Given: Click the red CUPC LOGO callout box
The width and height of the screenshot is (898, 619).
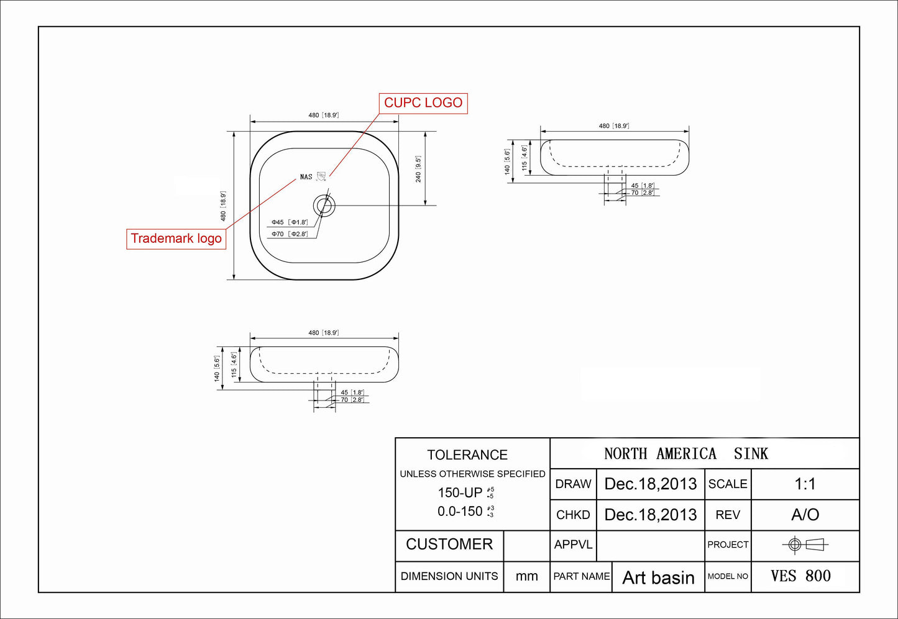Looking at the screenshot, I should coord(423,103).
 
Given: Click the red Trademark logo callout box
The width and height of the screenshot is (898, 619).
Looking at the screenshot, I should coord(176,239).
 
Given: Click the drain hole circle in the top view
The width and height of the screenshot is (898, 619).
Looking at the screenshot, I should coord(324,205).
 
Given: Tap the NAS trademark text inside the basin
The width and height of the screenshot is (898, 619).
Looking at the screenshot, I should coord(306,177).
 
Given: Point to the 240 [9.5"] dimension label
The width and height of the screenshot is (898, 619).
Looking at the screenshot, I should coord(418,169).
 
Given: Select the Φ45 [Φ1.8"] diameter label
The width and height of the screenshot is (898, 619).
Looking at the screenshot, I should coord(290,222).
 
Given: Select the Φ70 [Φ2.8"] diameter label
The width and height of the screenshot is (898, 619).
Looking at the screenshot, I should coord(290,234).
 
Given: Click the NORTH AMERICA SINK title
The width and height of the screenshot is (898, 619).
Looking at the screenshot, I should coord(686,454).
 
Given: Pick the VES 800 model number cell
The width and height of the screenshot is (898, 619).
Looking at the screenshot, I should coord(800,576).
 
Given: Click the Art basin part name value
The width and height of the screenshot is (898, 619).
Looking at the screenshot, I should coord(658,577).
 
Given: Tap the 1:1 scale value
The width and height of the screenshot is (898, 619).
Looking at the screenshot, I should coord(805,484).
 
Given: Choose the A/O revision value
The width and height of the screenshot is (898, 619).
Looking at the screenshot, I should coord(805,515).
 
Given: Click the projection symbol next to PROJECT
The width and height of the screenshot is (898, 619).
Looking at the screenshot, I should coord(805,545).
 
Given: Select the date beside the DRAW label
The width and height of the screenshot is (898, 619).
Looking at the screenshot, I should coord(650,484).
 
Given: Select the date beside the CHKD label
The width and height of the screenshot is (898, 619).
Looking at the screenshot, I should coord(650,515).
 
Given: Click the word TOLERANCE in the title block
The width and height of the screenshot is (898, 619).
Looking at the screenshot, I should coord(467,455).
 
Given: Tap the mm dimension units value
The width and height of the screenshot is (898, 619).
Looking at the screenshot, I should coord(526,576).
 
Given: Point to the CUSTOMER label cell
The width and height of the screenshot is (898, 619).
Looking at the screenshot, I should coord(449,544).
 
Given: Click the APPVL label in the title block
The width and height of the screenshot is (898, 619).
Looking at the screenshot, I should coord(573,544).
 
